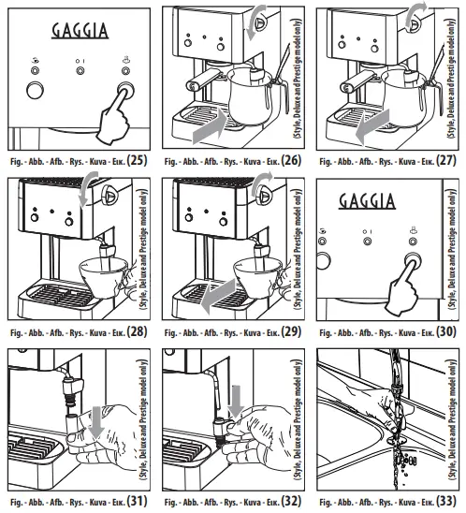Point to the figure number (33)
tap(448, 501)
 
